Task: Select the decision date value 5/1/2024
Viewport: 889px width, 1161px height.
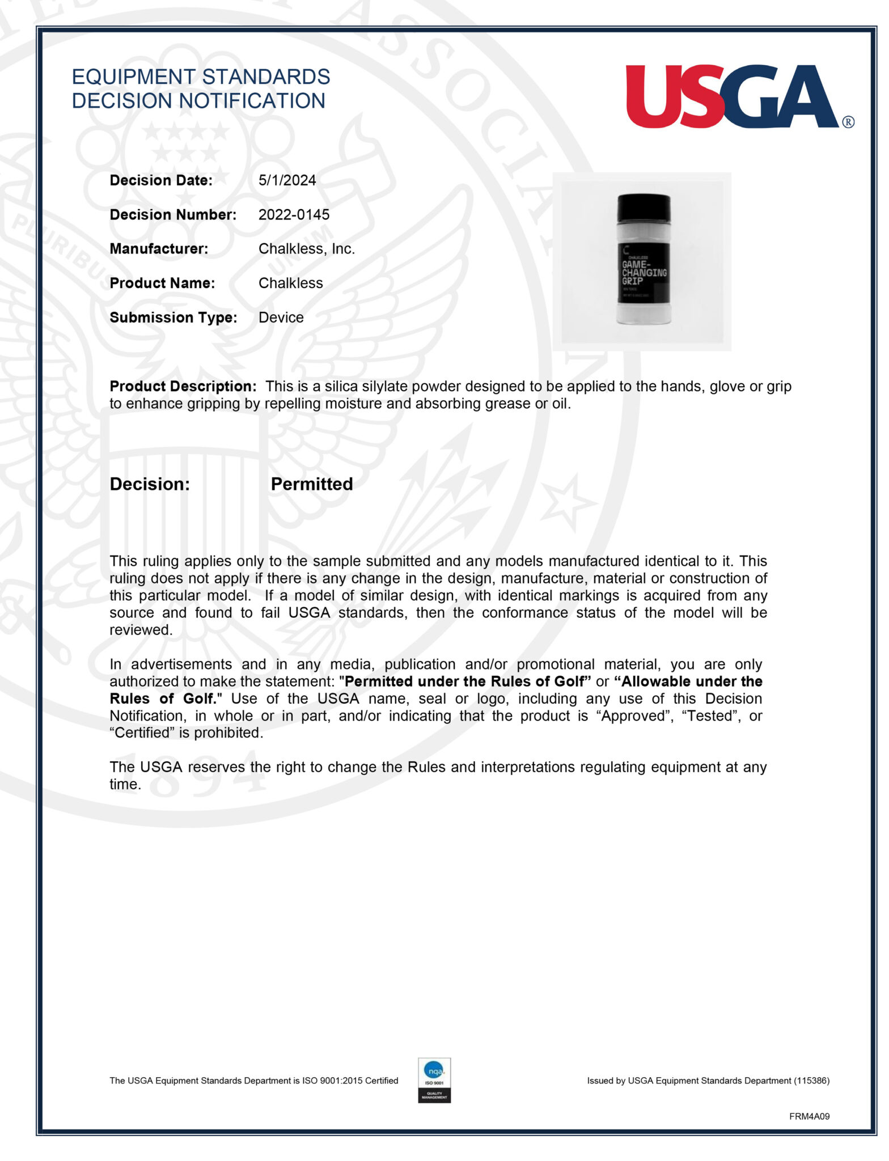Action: coord(287,180)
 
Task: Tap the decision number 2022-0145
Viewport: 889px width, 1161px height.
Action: coord(294,215)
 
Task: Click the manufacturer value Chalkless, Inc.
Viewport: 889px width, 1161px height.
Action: coord(306,249)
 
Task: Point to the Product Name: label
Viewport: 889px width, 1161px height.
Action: coord(162,283)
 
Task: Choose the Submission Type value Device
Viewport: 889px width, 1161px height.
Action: coord(281,317)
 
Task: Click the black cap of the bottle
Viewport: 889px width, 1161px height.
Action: coord(644,208)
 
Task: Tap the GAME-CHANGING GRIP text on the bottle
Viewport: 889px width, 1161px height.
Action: coord(643,273)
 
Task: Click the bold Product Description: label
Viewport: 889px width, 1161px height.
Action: coord(183,387)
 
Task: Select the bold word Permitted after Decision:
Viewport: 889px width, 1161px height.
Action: coord(311,484)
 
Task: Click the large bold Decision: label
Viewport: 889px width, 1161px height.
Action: coord(150,484)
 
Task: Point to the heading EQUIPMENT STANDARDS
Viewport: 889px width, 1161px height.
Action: coord(201,77)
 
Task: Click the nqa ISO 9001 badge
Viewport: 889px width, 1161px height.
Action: coord(434,1080)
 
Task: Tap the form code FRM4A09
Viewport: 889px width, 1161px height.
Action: coord(809,1116)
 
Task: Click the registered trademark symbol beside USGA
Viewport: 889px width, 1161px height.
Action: coord(848,122)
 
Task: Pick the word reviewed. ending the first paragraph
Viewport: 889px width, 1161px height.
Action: coord(141,630)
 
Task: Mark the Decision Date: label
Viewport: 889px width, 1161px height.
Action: coord(161,180)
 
